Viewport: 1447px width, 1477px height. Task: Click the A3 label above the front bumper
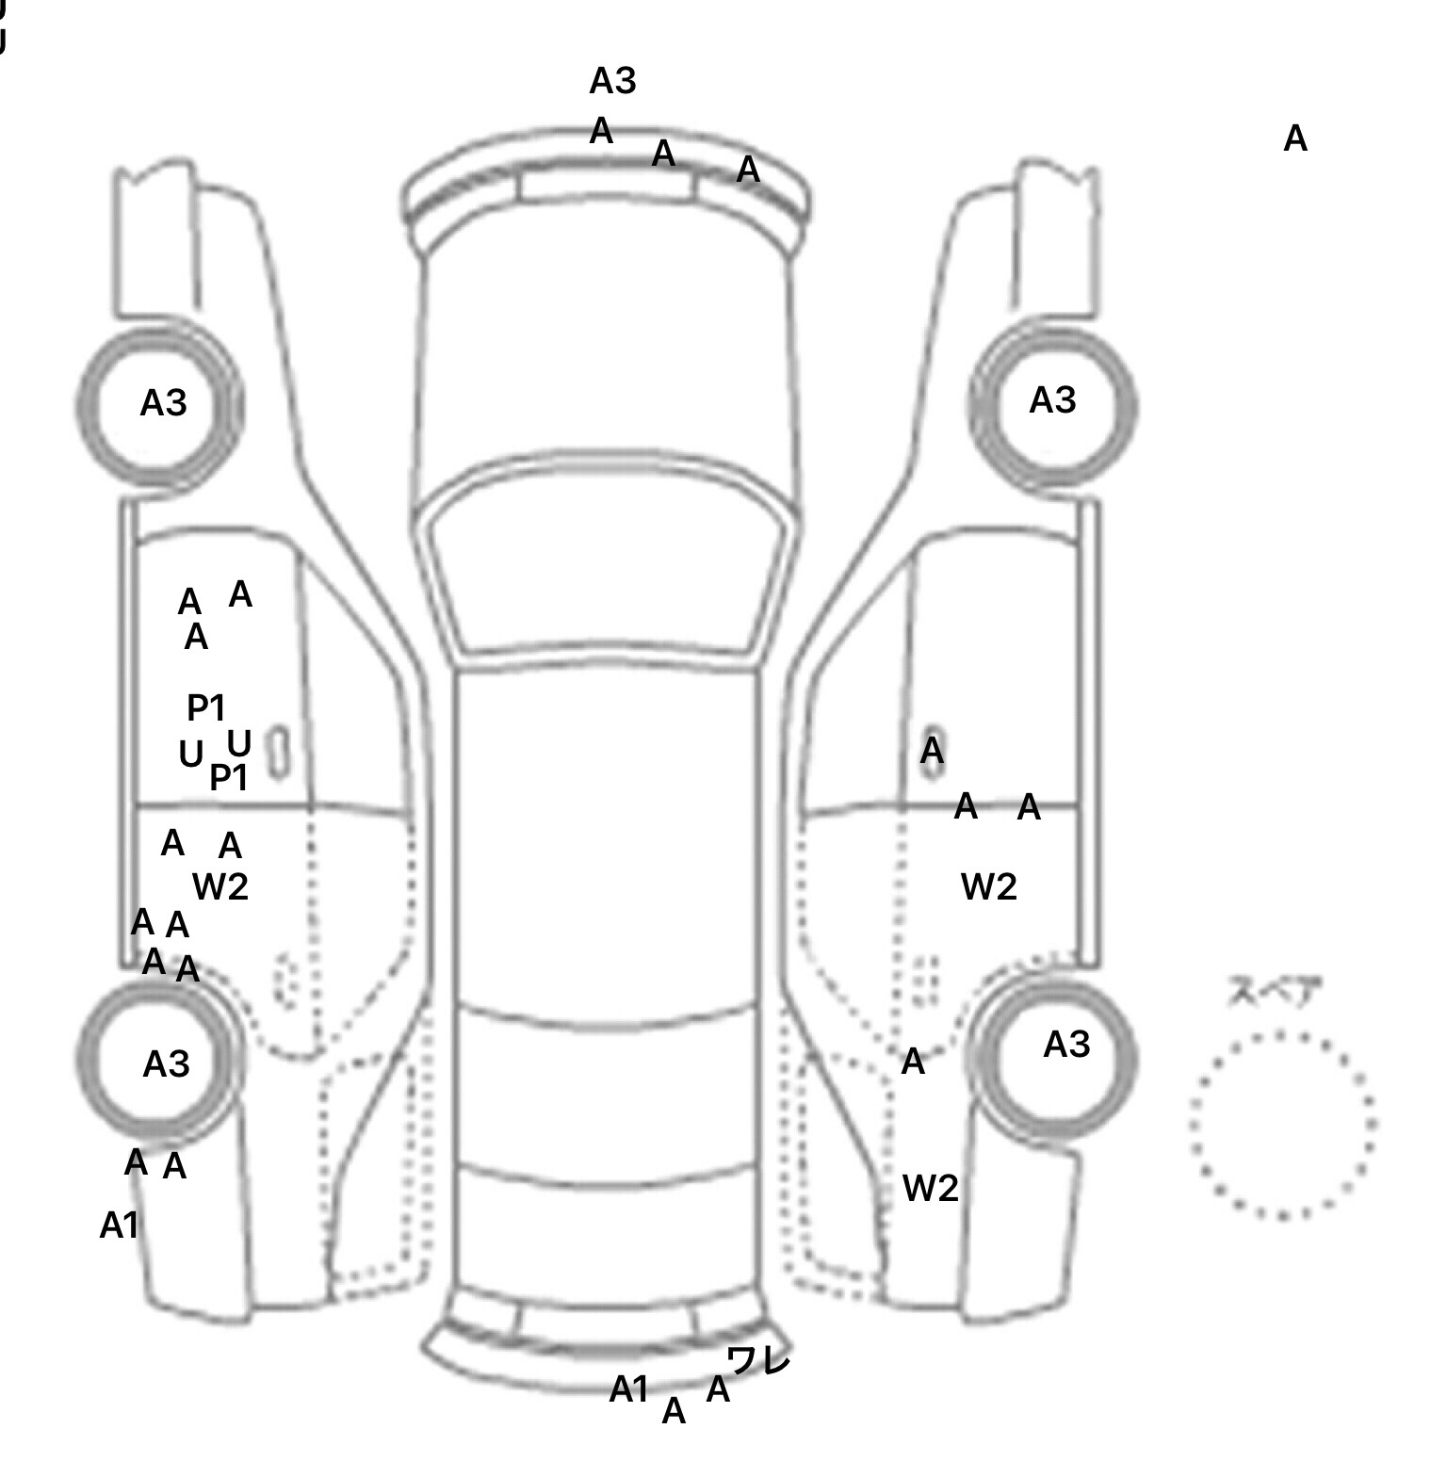click(612, 82)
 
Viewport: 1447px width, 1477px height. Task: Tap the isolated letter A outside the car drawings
click(1295, 139)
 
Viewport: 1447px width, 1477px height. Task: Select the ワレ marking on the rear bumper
click(758, 1360)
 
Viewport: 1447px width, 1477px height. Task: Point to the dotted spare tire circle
click(1281, 1125)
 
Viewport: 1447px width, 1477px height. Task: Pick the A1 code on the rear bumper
click(629, 1388)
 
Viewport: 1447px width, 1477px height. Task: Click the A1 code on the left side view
click(120, 1225)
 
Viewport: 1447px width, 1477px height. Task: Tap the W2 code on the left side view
click(220, 886)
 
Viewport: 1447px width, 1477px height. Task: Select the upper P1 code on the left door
click(206, 706)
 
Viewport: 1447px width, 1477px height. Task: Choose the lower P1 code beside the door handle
click(228, 778)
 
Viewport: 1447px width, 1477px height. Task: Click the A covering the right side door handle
click(932, 752)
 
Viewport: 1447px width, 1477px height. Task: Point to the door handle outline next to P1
click(279, 752)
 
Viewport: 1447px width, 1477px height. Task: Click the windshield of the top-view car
click(608, 565)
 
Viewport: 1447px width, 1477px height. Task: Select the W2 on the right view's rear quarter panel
click(930, 1189)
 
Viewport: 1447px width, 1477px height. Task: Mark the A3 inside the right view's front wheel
click(1052, 401)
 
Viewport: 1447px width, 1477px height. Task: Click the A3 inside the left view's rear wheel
click(166, 1064)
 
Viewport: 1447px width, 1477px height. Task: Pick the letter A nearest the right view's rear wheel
click(913, 1063)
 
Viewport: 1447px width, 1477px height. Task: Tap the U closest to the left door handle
click(239, 744)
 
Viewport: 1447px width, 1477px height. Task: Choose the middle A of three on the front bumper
click(664, 154)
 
